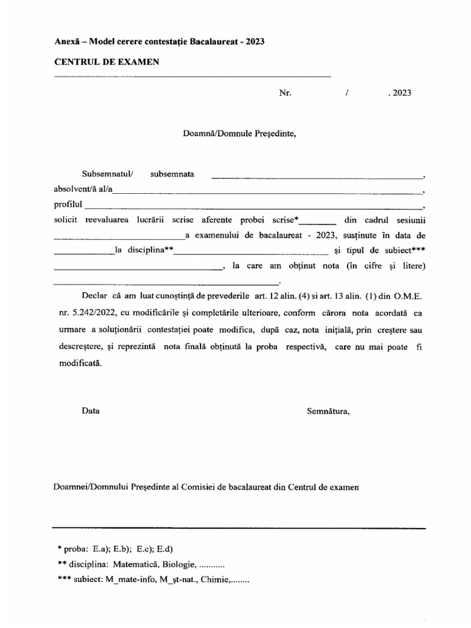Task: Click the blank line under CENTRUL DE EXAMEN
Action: (193, 76)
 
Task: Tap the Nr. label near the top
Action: (285, 93)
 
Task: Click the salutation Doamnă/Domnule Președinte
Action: (239, 132)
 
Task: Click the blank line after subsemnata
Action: (318, 177)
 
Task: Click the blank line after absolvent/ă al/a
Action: (269, 192)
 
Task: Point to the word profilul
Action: (67, 204)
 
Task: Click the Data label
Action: (91, 412)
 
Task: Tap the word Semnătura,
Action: (328, 412)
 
